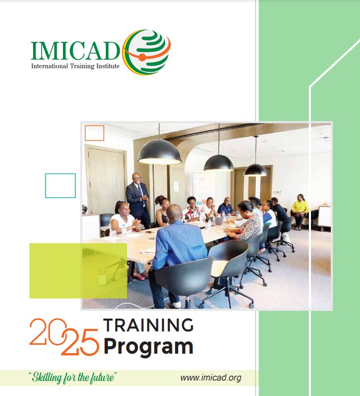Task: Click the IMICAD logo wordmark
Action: click(x=75, y=50)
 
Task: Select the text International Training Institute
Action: click(x=75, y=66)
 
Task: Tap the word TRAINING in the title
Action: click(x=148, y=325)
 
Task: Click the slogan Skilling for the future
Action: click(x=73, y=378)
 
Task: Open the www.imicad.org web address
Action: click(x=211, y=378)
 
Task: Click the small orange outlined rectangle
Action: click(x=95, y=133)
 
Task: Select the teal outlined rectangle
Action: click(x=60, y=185)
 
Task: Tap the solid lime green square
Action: click(x=78, y=270)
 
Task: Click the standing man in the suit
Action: click(x=138, y=199)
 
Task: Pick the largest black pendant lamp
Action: click(x=159, y=152)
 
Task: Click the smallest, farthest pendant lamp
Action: click(x=255, y=169)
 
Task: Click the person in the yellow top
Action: click(x=300, y=209)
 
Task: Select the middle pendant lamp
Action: click(x=218, y=162)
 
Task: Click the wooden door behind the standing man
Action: click(x=106, y=178)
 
